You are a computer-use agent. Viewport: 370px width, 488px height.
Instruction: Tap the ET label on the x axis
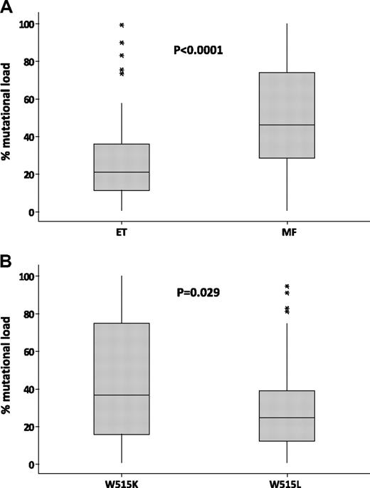tap(122, 232)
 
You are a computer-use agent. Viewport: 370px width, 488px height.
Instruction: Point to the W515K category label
tap(122, 483)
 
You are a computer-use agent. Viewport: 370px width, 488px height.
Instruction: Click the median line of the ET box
tap(122, 172)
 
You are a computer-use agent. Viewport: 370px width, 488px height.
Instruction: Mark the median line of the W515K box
tap(122, 395)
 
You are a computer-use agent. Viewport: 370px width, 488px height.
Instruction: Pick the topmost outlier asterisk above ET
tap(122, 26)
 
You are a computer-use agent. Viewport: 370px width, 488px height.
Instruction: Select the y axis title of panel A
tap(9, 118)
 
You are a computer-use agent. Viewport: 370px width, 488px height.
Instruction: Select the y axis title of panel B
tap(9, 369)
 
